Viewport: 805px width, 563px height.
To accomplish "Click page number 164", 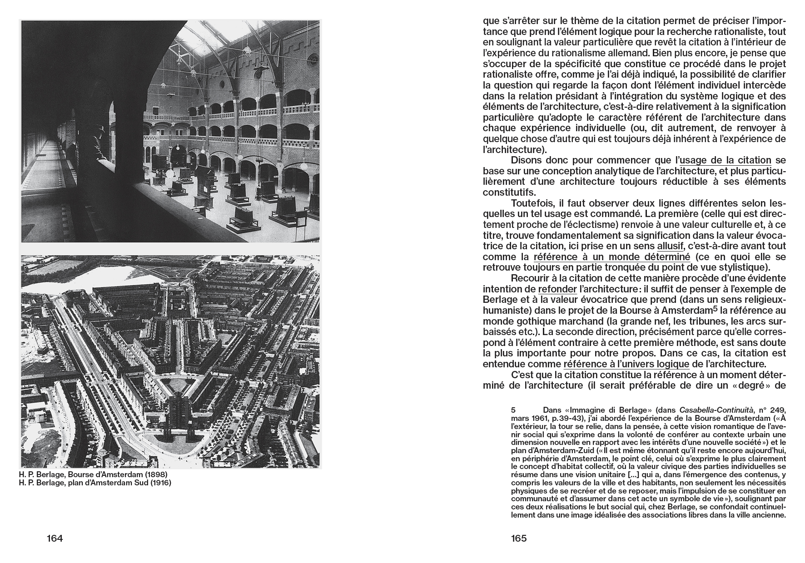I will click(55, 538).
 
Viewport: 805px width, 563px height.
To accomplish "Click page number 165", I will click(518, 538).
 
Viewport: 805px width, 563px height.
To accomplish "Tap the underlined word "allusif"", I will click(671, 246).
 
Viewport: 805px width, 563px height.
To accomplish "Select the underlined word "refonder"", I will click(557, 289).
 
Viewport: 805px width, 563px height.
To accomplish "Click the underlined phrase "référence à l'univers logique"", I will click(626, 364).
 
